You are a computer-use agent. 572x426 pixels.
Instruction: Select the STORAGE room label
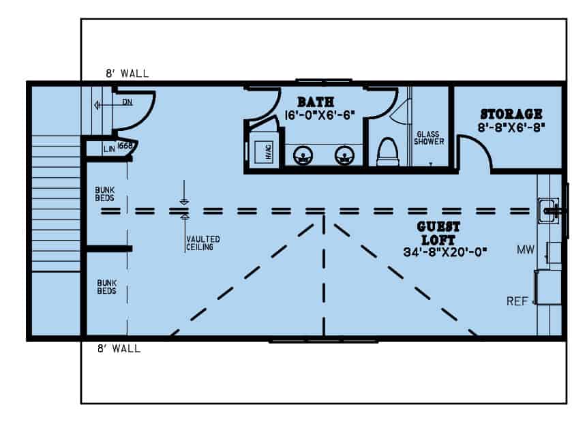[511, 114]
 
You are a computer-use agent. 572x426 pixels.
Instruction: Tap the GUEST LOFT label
[440, 233]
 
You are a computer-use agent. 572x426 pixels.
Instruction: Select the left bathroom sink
[303, 156]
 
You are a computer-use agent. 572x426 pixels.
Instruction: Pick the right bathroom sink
[343, 156]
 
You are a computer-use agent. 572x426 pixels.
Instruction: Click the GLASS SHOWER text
[430, 138]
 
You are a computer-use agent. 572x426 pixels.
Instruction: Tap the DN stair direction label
[127, 103]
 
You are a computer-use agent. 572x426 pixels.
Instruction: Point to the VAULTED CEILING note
[202, 243]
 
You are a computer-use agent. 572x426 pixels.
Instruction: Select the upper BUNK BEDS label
[105, 194]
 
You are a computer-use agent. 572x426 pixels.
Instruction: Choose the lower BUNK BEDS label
[105, 286]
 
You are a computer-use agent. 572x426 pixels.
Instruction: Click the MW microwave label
[525, 250]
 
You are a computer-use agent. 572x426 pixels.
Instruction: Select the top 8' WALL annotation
[127, 74]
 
